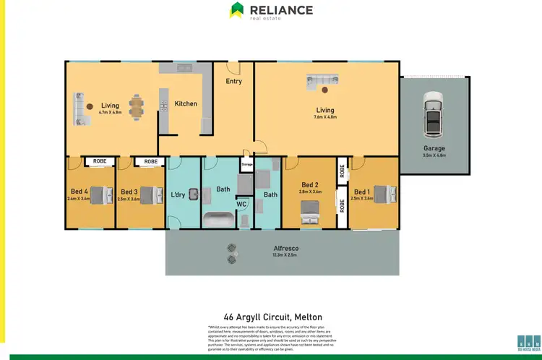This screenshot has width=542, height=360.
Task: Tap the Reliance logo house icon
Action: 236,10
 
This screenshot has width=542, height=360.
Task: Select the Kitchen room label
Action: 186,104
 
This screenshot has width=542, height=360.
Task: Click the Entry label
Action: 233,82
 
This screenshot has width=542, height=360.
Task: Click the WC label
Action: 241,205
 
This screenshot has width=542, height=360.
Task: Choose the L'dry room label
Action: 178,194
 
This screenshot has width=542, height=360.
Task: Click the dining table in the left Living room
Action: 136,107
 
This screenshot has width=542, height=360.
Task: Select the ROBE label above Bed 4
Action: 99,162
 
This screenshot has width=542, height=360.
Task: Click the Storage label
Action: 247,165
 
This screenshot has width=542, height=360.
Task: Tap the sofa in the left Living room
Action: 79,108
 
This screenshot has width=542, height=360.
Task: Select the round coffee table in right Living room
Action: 326,90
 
